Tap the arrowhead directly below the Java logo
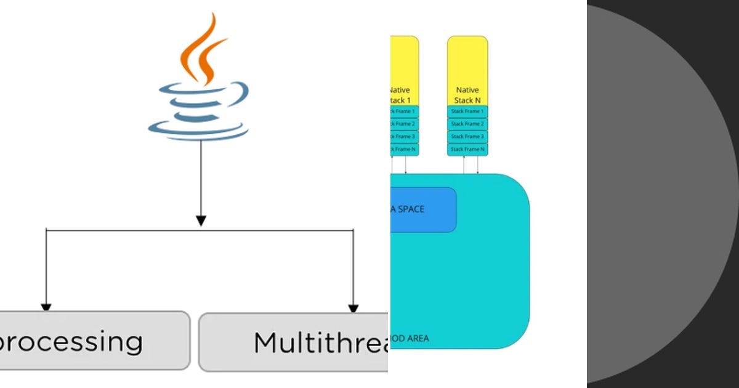tap(200, 220)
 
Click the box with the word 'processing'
tap(92, 341)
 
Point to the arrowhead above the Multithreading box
tap(353, 308)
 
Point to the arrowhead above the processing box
tap(46, 307)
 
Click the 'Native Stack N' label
tap(467, 95)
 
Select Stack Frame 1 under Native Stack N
tap(467, 111)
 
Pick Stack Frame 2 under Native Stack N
tap(467, 124)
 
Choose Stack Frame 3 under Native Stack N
tap(467, 137)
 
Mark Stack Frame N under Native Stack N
tap(467, 149)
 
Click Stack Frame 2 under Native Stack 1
tap(404, 124)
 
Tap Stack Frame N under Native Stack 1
tap(404, 149)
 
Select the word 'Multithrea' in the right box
tap(320, 342)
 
